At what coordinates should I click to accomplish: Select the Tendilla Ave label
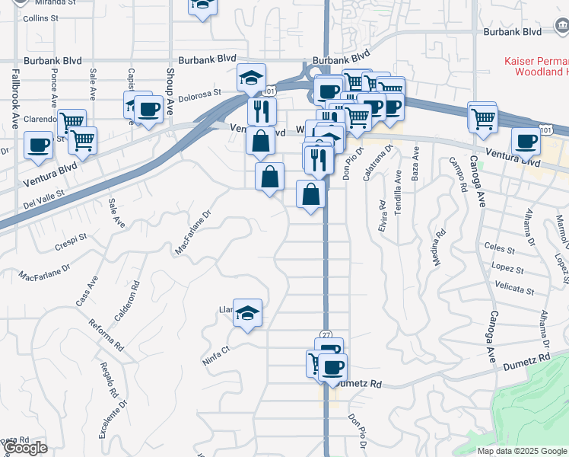(397, 190)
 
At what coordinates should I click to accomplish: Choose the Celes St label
(499, 248)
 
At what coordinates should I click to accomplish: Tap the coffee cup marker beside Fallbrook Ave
(38, 145)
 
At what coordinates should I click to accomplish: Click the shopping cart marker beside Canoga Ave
(482, 119)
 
